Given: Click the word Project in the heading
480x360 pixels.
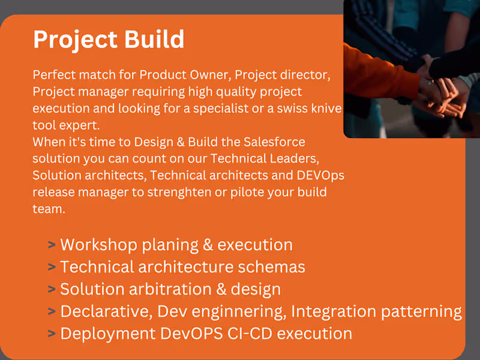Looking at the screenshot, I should click(67, 40).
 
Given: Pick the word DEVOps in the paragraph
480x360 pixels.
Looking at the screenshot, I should click(323, 175).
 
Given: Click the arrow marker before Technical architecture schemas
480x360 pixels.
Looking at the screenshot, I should click(52, 267).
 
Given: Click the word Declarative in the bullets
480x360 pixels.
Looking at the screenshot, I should click(98, 311).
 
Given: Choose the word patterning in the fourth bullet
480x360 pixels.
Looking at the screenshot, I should click(425, 311).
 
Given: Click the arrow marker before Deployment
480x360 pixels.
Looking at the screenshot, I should click(52, 334).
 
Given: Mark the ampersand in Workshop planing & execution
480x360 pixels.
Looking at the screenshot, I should click(206, 245).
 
